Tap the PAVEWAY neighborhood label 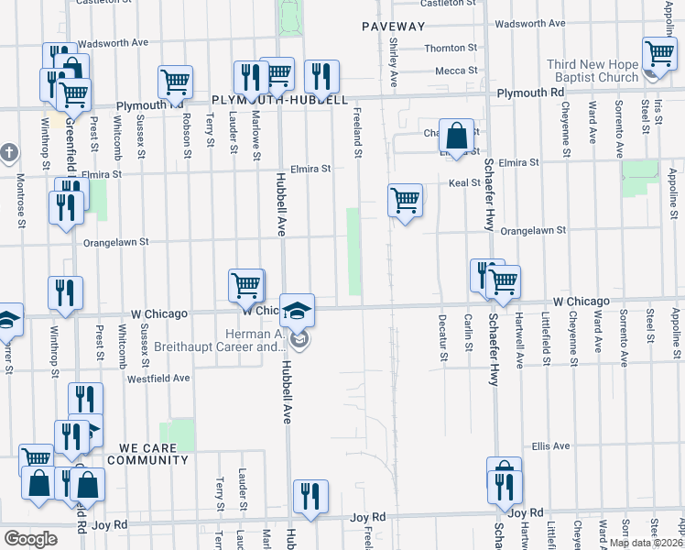point(393,26)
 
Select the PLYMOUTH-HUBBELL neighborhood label point(279,99)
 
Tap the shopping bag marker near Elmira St point(456,137)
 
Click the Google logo point(30,538)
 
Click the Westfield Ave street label point(158,378)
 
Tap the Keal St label point(464,183)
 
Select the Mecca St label point(451,70)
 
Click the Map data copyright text point(646,543)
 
